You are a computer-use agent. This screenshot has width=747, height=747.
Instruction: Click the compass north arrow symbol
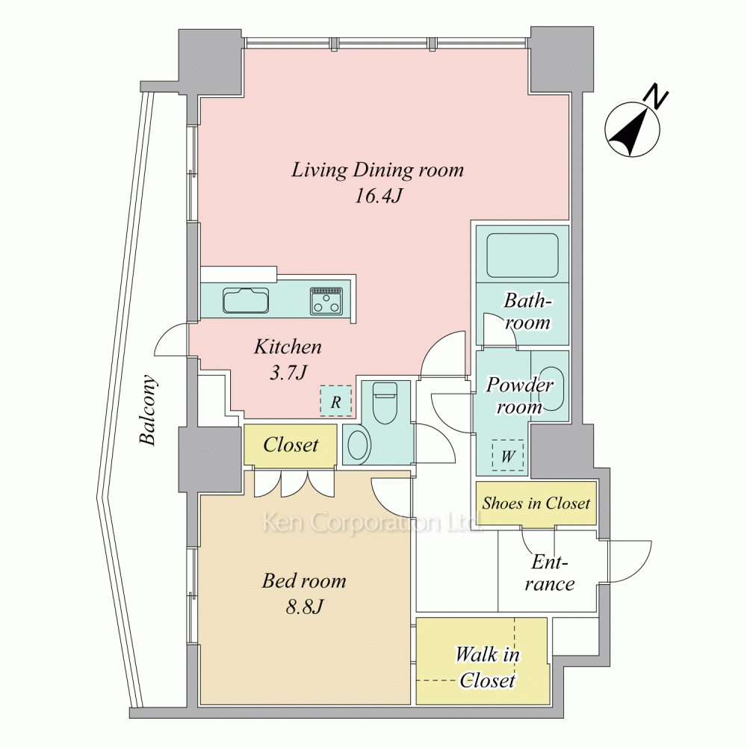(x=632, y=128)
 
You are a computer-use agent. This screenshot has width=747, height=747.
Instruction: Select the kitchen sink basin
(x=246, y=300)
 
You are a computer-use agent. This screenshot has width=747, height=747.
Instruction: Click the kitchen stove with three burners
(x=326, y=300)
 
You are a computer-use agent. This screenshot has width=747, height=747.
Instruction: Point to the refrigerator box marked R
(x=335, y=401)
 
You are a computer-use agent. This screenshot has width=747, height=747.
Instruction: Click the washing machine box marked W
(x=507, y=456)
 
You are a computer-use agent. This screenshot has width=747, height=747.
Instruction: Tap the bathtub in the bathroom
(x=522, y=255)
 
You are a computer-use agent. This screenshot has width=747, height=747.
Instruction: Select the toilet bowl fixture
(x=386, y=403)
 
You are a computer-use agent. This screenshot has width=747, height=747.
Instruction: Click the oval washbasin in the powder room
(x=553, y=388)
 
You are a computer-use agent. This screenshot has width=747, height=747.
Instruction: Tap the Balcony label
(x=148, y=409)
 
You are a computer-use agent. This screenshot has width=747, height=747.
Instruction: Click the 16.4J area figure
(x=378, y=195)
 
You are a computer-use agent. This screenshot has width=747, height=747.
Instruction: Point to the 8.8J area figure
(x=305, y=607)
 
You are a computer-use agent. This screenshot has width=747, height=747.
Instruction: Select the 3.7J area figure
(x=288, y=373)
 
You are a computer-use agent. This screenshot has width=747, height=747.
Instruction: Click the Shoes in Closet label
(x=536, y=503)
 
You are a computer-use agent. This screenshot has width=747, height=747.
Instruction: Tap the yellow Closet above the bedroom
(x=291, y=444)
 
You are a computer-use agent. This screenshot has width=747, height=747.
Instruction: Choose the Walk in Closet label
(x=487, y=667)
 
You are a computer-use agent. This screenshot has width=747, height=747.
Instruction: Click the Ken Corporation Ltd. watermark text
(x=372, y=523)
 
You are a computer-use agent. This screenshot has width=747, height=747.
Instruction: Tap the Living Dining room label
(x=377, y=170)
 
